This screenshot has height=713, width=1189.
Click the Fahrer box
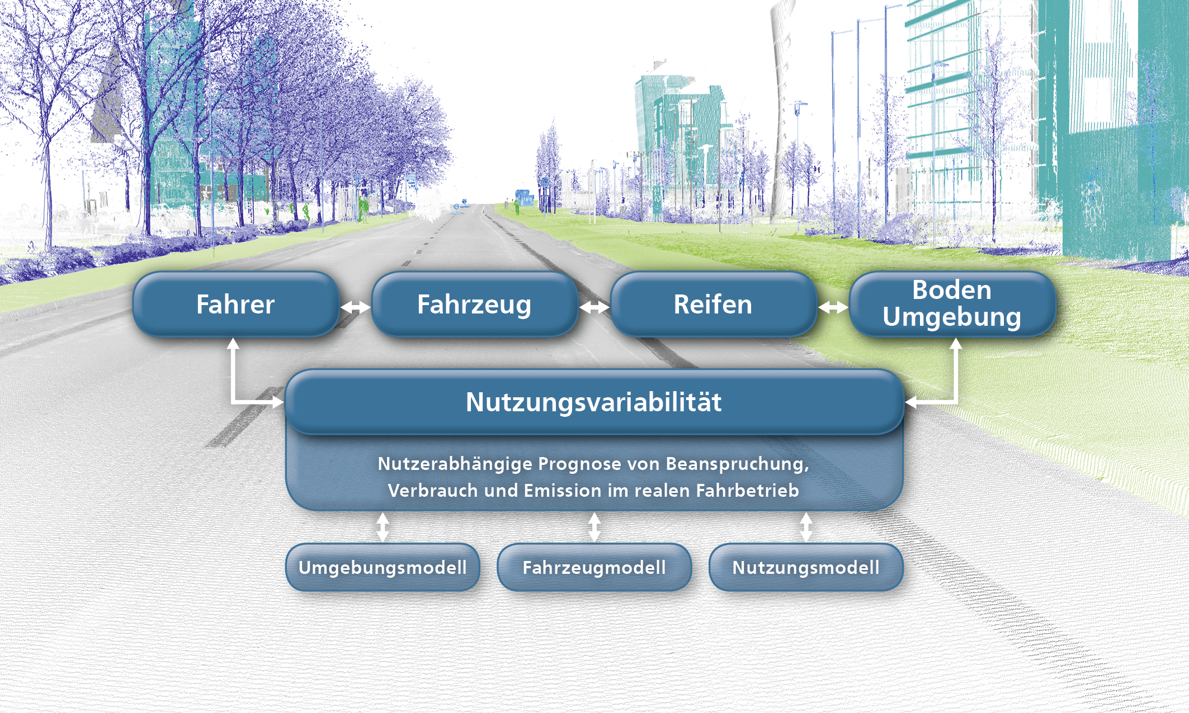click(x=235, y=305)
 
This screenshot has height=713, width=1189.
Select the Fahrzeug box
click(x=474, y=305)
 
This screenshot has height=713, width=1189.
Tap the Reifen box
click(x=713, y=305)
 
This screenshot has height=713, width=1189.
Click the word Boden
click(x=952, y=290)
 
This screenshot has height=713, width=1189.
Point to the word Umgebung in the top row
click(x=952, y=317)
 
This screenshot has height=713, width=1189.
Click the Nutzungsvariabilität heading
click(x=594, y=402)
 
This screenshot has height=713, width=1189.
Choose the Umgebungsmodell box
click(x=383, y=567)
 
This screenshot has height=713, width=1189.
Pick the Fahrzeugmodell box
click(x=594, y=567)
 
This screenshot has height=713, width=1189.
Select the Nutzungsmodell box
click(x=806, y=567)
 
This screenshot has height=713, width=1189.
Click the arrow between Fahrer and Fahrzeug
click(x=356, y=307)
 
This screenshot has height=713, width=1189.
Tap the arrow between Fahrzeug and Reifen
click(x=594, y=307)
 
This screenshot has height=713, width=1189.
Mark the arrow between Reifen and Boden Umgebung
click(x=833, y=307)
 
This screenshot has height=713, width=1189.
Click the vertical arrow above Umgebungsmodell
click(x=383, y=527)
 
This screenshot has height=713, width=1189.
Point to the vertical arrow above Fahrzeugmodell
click(x=594, y=527)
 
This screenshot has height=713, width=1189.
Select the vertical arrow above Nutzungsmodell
click(x=806, y=527)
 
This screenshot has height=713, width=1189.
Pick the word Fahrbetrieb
click(x=748, y=491)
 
